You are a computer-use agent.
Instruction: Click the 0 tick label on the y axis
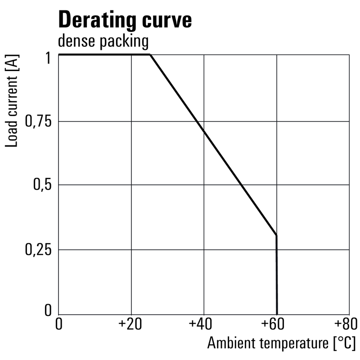[48, 310]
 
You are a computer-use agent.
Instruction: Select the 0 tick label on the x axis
[58, 324]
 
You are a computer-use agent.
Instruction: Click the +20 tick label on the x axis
[131, 324]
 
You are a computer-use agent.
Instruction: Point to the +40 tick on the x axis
[203, 324]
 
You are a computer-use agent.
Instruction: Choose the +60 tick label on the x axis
[276, 324]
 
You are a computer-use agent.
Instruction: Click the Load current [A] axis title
[13, 102]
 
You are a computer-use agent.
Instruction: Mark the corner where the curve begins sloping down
[150, 55]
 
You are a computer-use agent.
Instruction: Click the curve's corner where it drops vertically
[276, 235]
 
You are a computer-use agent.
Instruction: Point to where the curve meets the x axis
[277, 315]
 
